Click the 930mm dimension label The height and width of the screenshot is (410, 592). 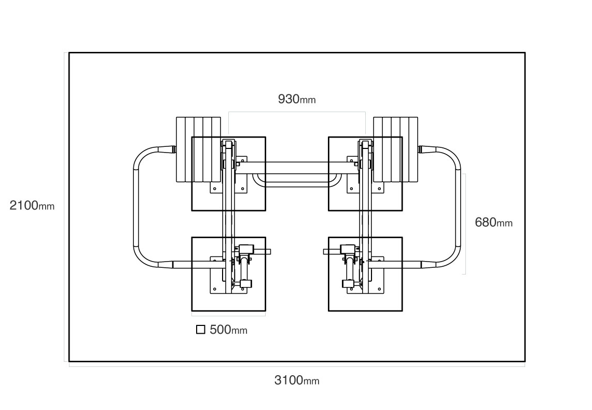pos(297,99)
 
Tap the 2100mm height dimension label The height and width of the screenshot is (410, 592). pos(32,206)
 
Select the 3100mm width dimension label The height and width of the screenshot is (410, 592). pos(297,380)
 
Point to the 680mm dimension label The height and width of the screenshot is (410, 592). pos(493,222)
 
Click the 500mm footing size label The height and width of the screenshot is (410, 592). pos(228,330)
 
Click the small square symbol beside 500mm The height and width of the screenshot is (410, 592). pos(201,330)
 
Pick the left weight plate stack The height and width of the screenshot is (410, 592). pos(198,149)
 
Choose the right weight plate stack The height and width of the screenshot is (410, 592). pos(396,149)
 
